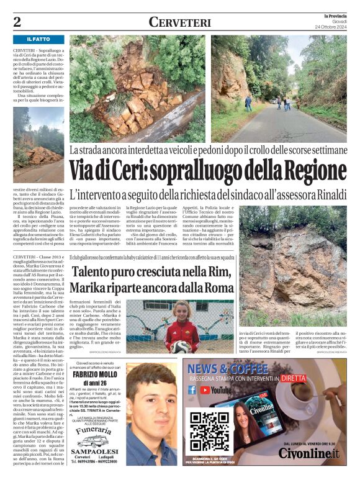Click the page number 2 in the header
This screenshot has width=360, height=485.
[x=17, y=22]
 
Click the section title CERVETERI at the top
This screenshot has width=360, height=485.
[x=179, y=22]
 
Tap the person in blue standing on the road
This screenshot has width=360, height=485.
[x=248, y=102]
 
